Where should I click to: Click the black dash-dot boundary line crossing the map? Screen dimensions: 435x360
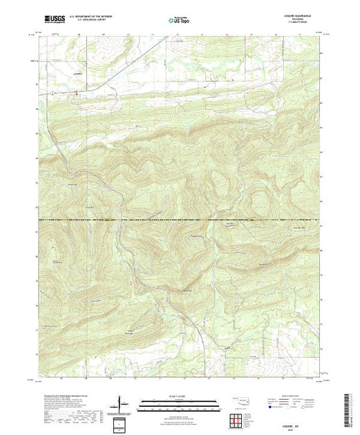point(180,220)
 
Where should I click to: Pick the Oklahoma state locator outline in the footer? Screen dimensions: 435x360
point(241,400)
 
